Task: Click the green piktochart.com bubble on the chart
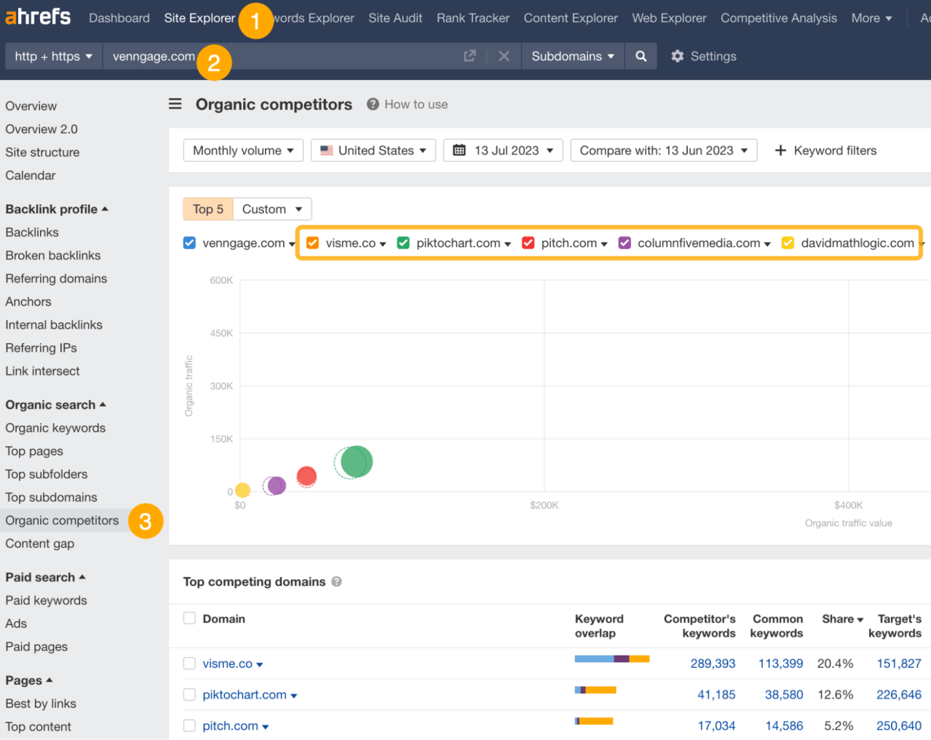356,461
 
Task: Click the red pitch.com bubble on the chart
306,477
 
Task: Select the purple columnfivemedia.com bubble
276,485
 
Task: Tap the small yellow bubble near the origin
242,490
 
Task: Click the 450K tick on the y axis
221,333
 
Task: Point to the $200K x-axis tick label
544,505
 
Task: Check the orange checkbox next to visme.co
312,243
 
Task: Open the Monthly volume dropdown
243,151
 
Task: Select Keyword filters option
826,151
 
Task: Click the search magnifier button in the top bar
641,56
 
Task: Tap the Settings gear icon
678,56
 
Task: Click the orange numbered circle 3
146,521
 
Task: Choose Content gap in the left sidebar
40,544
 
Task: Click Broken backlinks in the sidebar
53,255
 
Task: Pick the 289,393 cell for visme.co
713,664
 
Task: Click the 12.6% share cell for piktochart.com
835,695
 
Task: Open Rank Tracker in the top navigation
473,18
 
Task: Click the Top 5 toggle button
208,210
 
